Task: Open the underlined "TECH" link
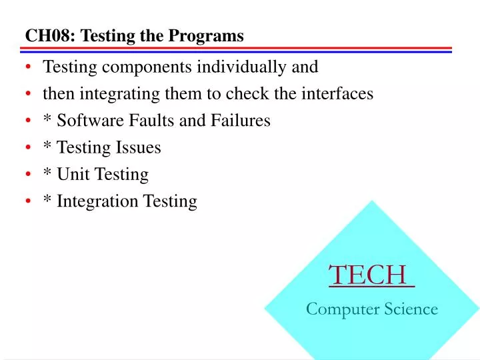coord(368,275)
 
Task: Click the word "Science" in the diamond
coord(411,309)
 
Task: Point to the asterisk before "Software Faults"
coord(47,119)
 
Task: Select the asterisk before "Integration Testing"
coord(47,199)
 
